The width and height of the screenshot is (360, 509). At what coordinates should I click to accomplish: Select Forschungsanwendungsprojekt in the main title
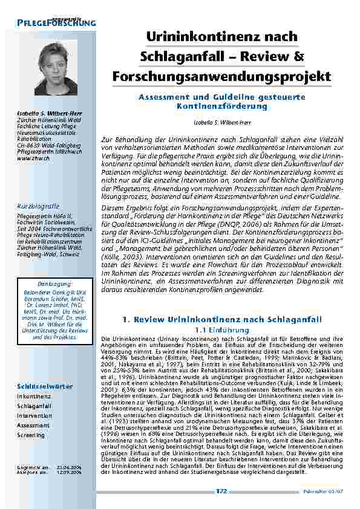[221, 77]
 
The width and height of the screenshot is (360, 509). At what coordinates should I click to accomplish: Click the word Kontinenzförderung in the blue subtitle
[221, 106]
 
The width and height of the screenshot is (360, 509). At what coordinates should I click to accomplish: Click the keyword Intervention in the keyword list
[34, 416]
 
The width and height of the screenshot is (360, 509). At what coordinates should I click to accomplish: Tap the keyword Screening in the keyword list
[31, 435]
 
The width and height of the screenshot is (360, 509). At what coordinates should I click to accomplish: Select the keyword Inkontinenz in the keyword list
[34, 397]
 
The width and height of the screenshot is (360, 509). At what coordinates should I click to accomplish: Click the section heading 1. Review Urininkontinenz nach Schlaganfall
[222, 319]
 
